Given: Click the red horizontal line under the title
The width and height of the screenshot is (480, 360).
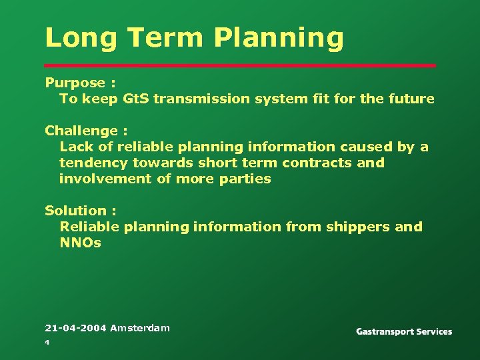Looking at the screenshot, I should (x=240, y=65).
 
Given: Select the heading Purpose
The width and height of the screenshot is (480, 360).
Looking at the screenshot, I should (x=75, y=83).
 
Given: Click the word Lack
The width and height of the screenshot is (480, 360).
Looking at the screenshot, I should (x=75, y=147).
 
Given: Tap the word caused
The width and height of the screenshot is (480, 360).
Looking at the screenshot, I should (x=371, y=147).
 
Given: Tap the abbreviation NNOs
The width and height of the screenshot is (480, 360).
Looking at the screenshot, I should (x=80, y=243).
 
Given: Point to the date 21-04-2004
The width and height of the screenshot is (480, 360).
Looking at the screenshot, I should (x=75, y=327).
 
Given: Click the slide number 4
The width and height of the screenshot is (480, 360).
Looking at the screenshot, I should (x=47, y=342).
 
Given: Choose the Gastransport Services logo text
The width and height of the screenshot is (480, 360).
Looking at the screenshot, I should (x=403, y=331).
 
